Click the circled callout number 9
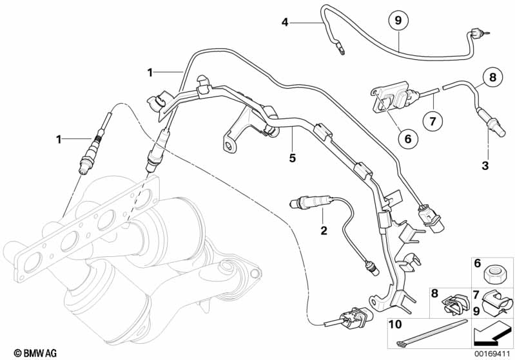click(398, 21)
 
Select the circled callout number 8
click(492, 77)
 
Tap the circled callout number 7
click(432, 122)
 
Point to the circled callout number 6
click(407, 139)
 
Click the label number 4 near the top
click(285, 23)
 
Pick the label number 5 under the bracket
click(293, 158)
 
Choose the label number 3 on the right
click(485, 166)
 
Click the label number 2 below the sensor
click(324, 231)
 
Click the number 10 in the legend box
click(395, 325)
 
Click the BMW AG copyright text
click(35, 353)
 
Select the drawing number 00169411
click(492, 354)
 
